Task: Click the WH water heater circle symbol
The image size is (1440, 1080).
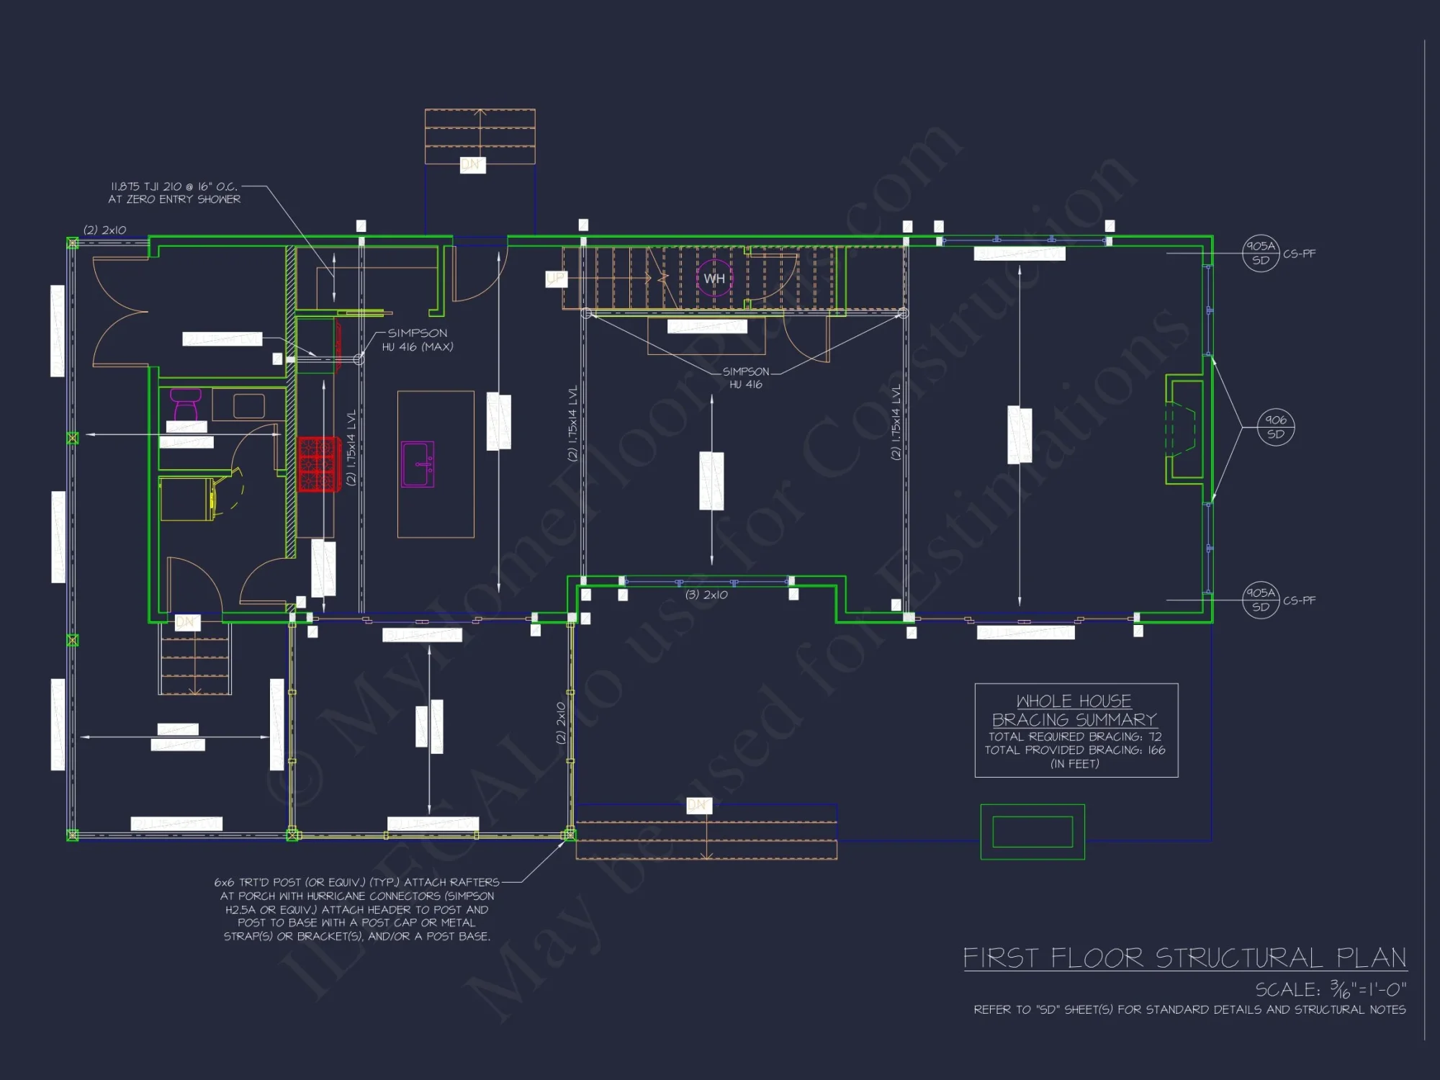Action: click(714, 279)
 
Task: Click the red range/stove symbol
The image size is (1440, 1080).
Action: click(318, 464)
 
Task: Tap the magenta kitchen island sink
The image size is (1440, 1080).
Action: click(418, 464)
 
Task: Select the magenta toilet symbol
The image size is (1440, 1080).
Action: click(186, 405)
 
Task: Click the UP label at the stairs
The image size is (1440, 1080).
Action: click(556, 279)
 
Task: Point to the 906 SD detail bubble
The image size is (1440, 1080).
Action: click(1275, 427)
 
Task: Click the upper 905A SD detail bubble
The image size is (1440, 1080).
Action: click(1260, 253)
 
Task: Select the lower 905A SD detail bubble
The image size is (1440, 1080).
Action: click(1260, 600)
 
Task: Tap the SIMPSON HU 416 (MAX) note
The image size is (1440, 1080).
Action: click(418, 340)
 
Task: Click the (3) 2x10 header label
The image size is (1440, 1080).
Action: click(706, 595)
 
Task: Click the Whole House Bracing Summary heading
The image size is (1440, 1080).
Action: click(1074, 710)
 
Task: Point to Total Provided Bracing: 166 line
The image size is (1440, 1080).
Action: click(1074, 750)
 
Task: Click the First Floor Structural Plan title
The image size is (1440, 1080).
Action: click(1184, 958)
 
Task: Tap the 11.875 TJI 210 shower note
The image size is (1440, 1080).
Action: click(174, 193)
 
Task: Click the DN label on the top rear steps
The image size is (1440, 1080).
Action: click(472, 165)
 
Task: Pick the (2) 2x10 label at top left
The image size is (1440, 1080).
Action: click(104, 230)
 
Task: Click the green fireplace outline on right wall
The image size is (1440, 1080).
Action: click(1185, 429)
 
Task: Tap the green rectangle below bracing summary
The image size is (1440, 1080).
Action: click(1032, 832)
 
